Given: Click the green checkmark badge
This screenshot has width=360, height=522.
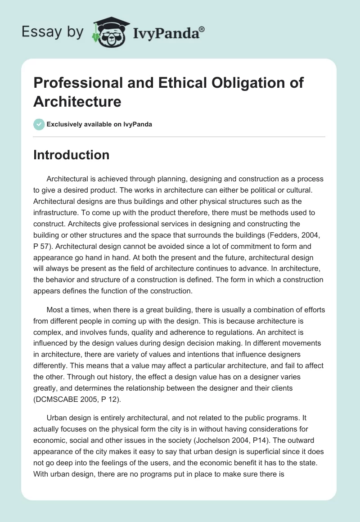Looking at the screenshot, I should [39, 124].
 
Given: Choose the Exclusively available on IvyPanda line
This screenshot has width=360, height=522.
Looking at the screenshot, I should [99, 124].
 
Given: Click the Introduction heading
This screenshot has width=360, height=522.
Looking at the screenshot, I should [72, 155].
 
